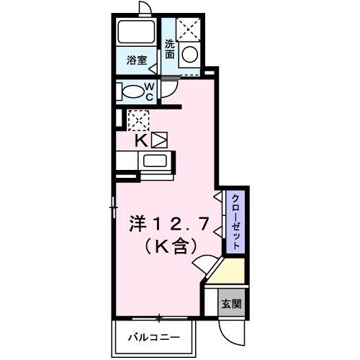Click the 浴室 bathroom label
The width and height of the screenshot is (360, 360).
coord(138,60)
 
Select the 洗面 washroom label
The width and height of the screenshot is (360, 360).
coord(170,48)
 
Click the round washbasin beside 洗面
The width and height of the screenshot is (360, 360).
coord(189,55)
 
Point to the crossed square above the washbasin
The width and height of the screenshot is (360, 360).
coord(189,30)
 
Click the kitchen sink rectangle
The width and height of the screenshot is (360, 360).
coord(154,161)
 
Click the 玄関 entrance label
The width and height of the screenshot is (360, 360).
coord(231,302)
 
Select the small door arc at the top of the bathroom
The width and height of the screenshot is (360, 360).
coord(145,7)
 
